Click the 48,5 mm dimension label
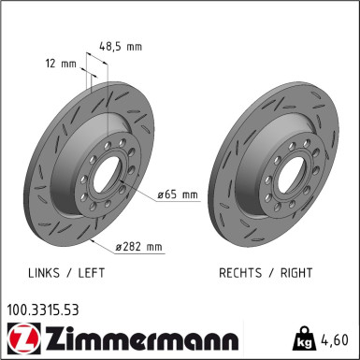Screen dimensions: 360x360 [120, 44]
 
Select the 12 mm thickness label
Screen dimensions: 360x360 [63, 65]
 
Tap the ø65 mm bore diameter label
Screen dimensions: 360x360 [178, 194]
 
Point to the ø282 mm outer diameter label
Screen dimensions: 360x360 [138, 247]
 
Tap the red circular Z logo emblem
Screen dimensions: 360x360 [20, 338]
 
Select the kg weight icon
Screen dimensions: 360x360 [304, 337]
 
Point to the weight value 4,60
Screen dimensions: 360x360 [335, 338]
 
